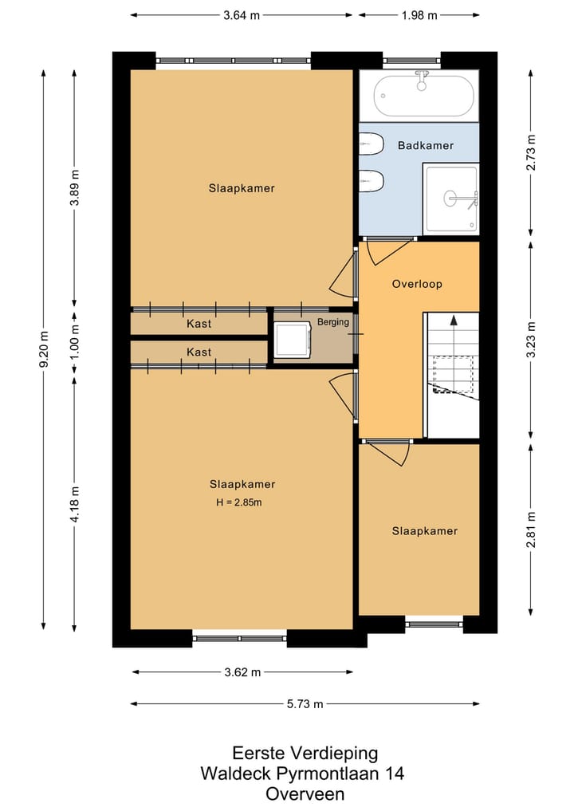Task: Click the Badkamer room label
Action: tap(425, 145)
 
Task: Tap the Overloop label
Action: tap(417, 283)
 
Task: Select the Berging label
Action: tap(333, 321)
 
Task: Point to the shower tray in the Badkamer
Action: tap(450, 199)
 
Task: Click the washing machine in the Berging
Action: tap(293, 340)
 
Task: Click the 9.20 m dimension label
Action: tap(44, 349)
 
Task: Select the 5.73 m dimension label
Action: tap(305, 703)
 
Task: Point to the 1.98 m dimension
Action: tap(419, 15)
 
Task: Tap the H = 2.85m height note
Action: tap(239, 502)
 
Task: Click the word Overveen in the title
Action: tap(305, 793)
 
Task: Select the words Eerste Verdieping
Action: tap(305, 753)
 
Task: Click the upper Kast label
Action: tap(199, 324)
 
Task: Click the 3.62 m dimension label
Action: tap(242, 672)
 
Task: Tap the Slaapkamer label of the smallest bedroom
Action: tap(425, 530)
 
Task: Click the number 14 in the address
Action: tap(395, 774)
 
